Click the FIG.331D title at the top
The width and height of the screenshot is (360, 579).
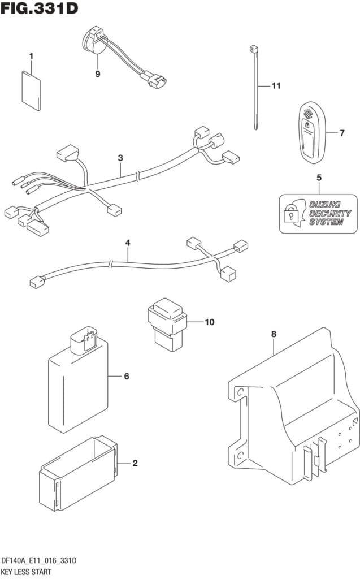click(39, 8)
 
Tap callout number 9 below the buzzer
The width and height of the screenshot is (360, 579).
click(97, 74)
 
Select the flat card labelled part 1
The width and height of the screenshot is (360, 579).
click(31, 91)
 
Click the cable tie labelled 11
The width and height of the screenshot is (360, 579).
click(254, 87)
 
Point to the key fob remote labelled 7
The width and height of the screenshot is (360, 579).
click(311, 132)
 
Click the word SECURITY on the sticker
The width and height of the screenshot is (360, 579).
click(329, 213)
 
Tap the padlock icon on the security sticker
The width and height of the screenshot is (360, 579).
click(290, 213)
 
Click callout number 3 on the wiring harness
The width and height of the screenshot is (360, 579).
click(120, 158)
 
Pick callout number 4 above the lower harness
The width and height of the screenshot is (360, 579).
click(128, 243)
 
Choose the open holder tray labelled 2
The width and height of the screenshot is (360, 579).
click(79, 473)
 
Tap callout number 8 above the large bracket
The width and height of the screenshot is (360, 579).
click(274, 334)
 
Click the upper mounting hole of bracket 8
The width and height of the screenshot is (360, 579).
click(239, 392)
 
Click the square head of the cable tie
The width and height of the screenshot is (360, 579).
click(254, 49)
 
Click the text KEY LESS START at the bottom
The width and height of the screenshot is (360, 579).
click(26, 572)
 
